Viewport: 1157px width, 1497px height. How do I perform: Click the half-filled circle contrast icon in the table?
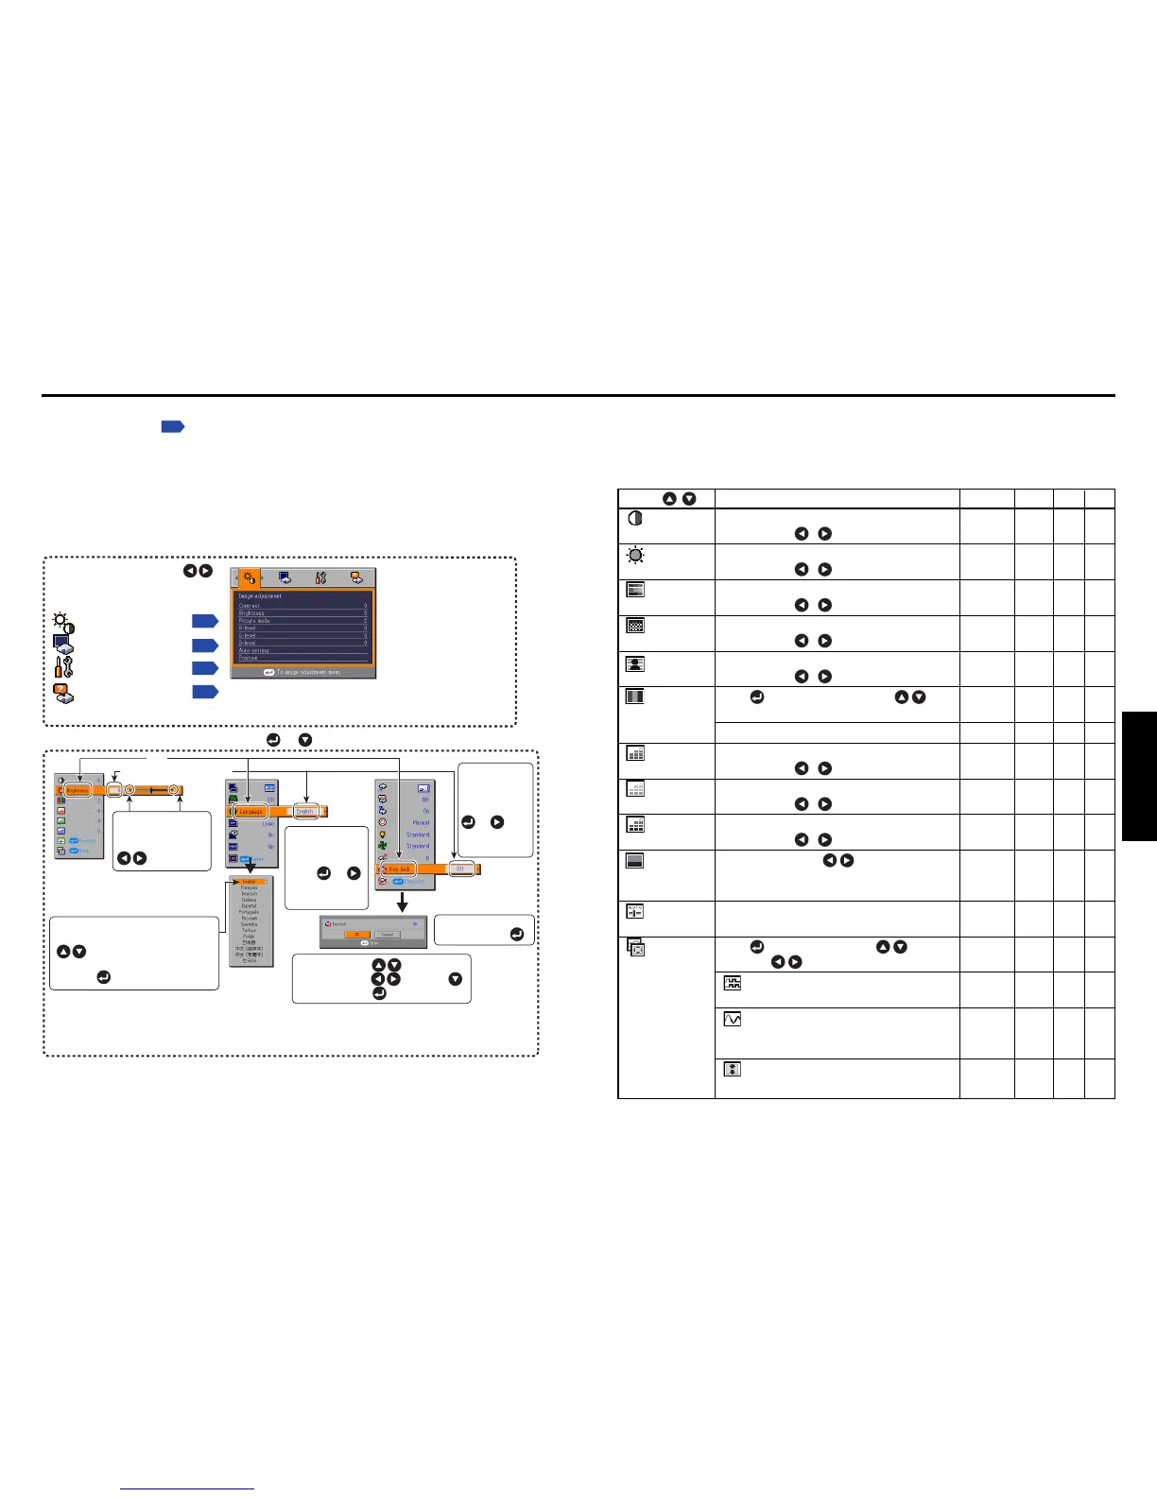coord(635,519)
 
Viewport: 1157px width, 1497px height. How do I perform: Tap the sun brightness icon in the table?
coord(635,554)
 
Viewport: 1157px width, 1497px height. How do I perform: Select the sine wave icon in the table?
coord(732,1020)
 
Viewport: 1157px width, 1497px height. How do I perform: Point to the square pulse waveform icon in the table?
coord(732,984)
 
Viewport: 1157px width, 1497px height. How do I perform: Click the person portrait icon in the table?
coord(635,662)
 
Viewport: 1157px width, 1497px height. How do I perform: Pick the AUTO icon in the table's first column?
coord(635,912)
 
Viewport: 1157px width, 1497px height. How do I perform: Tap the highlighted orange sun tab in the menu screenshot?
coord(250,578)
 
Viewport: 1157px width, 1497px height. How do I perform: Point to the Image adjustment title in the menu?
coord(260,595)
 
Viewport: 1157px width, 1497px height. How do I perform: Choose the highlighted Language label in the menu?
coord(250,811)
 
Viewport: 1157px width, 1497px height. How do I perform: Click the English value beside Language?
coord(304,811)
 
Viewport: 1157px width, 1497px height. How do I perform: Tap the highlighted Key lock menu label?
coord(399,869)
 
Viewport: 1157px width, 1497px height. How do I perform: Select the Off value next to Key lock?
coord(461,869)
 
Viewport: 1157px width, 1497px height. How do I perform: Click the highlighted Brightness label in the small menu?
coord(78,790)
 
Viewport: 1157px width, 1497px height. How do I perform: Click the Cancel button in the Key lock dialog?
coord(388,934)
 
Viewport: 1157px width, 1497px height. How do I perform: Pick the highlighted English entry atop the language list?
coord(249,882)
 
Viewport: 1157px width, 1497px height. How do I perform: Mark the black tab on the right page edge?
coord(1139,776)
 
